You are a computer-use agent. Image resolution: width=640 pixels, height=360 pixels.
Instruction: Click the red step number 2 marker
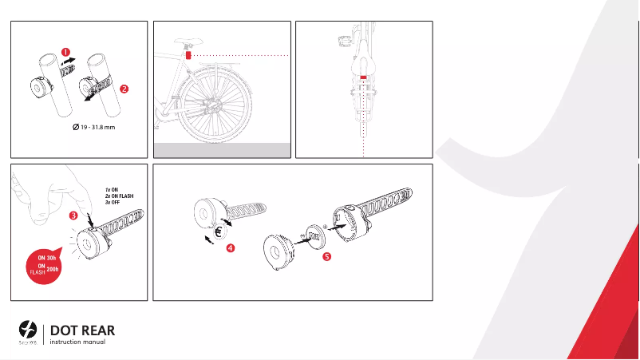[124, 89]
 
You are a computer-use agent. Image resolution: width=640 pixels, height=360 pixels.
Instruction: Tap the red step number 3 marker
[73, 216]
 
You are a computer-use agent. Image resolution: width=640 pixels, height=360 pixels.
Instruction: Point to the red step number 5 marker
[326, 256]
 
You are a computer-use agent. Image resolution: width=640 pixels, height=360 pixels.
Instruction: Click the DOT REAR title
[80, 330]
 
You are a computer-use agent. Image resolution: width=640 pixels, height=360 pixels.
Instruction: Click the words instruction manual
[77, 342]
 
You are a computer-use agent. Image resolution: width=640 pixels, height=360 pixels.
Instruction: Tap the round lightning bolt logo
[27, 329]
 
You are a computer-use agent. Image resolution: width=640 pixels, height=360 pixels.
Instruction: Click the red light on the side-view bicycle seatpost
[188, 55]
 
